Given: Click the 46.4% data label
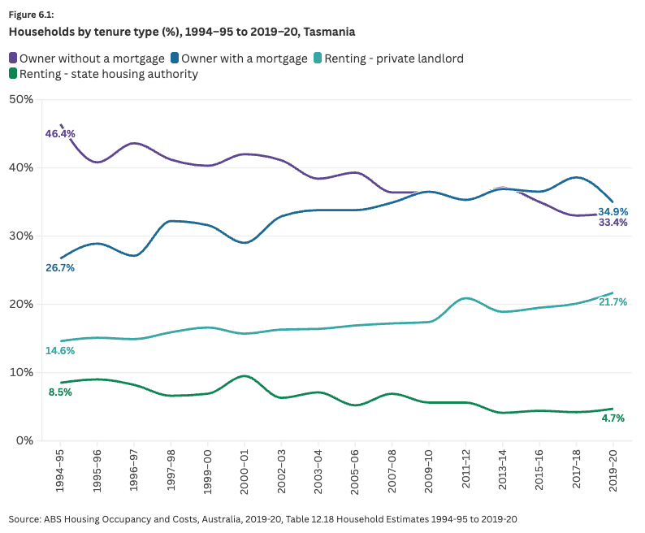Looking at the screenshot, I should pyautogui.click(x=60, y=133).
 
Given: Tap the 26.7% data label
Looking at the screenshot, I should pyautogui.click(x=59, y=268).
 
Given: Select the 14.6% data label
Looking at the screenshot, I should pyautogui.click(x=59, y=351).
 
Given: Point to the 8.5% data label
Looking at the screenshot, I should pyautogui.click(x=61, y=392).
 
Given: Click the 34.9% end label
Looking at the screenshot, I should pyautogui.click(x=613, y=211).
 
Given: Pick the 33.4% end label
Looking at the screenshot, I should pyautogui.click(x=613, y=223).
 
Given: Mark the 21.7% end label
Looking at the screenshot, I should pyautogui.click(x=613, y=302).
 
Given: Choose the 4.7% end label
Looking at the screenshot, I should pyautogui.click(x=613, y=418).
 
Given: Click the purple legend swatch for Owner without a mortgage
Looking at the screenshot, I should pyautogui.click(x=13, y=58).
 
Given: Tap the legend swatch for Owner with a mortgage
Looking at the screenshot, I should pyautogui.click(x=175, y=58).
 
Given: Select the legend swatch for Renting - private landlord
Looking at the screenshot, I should pyautogui.click(x=317, y=58).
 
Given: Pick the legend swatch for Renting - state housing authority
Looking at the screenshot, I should pyautogui.click(x=13, y=74).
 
